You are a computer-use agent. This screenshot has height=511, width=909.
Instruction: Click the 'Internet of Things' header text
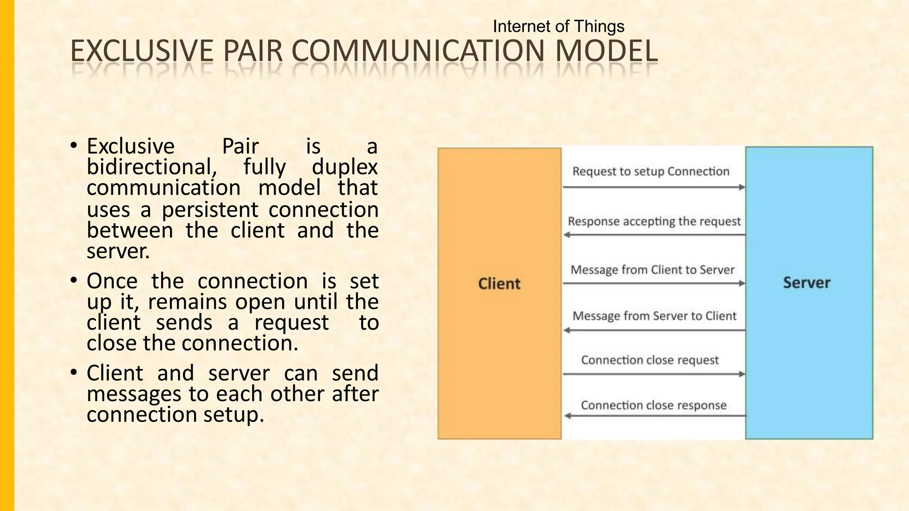(558, 27)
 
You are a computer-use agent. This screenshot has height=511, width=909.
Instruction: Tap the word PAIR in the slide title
(253, 51)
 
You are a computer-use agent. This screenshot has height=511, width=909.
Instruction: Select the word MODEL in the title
(606, 51)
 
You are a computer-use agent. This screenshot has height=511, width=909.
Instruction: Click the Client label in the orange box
(499, 283)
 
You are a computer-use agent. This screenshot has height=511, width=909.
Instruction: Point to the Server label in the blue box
(806, 283)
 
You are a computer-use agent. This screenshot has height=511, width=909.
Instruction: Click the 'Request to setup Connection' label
(651, 171)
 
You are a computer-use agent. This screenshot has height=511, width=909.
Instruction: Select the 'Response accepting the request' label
(654, 221)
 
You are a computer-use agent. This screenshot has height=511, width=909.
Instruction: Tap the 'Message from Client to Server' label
(652, 270)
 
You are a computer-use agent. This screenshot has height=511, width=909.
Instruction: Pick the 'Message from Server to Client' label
(654, 316)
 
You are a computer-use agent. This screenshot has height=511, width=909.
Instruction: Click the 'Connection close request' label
(650, 360)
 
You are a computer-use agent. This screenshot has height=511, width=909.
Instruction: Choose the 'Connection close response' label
(653, 405)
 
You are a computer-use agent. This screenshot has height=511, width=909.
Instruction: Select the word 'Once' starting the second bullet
(112, 281)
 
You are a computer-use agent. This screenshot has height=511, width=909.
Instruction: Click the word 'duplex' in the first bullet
(345, 168)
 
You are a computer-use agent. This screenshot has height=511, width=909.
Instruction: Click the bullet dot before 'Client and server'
(74, 372)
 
